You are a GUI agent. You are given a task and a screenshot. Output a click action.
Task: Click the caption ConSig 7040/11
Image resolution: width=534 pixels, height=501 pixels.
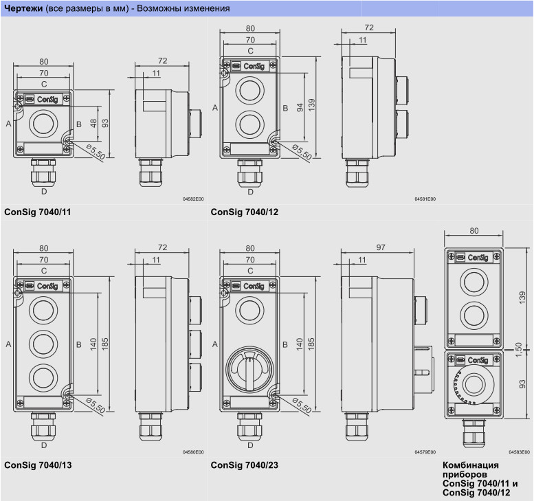click(x=38, y=212)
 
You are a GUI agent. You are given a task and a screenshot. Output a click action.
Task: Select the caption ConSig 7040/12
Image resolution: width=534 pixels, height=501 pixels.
click(x=244, y=212)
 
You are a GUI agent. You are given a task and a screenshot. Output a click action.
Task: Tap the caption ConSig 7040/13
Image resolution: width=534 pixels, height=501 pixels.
click(x=38, y=465)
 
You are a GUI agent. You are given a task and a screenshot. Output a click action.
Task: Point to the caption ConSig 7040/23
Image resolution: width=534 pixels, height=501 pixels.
click(x=244, y=465)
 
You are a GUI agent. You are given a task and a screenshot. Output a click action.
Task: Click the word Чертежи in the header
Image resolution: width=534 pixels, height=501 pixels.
click(x=23, y=8)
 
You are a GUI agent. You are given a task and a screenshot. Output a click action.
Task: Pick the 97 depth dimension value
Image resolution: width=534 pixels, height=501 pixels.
click(x=381, y=247)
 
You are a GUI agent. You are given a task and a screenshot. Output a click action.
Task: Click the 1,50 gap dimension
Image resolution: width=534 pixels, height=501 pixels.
click(x=518, y=350)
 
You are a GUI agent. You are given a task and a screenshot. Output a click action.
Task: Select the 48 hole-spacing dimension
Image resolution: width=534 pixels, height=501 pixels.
click(x=93, y=123)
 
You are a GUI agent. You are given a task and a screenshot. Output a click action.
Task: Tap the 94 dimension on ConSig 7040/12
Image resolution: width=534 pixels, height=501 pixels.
click(x=300, y=108)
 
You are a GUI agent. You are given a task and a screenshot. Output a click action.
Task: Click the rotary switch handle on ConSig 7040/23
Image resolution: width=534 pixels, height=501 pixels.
click(x=249, y=371)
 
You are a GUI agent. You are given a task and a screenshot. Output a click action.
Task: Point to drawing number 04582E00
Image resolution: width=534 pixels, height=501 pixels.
click(x=193, y=199)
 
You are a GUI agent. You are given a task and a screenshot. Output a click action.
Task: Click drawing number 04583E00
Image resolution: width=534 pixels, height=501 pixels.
click(x=520, y=452)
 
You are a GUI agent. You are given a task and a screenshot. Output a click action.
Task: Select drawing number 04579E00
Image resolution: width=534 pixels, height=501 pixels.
click(x=425, y=452)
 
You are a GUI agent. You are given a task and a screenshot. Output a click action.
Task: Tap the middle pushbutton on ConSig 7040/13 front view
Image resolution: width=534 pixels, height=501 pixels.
click(x=43, y=344)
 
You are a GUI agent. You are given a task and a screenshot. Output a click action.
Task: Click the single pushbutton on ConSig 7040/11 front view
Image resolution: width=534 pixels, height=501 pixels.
click(x=43, y=124)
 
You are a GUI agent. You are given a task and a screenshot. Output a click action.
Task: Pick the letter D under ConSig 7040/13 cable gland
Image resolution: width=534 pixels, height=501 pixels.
click(x=44, y=445)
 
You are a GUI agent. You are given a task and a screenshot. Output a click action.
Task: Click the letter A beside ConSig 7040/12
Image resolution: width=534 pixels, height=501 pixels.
click(x=215, y=108)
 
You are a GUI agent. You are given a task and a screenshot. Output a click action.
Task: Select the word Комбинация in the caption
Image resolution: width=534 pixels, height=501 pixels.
click(x=471, y=465)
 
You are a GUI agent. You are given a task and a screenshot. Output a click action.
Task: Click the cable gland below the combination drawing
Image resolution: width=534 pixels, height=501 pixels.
click(x=474, y=433)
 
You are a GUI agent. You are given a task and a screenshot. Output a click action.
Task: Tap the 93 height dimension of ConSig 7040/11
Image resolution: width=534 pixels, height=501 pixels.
click(x=105, y=123)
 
